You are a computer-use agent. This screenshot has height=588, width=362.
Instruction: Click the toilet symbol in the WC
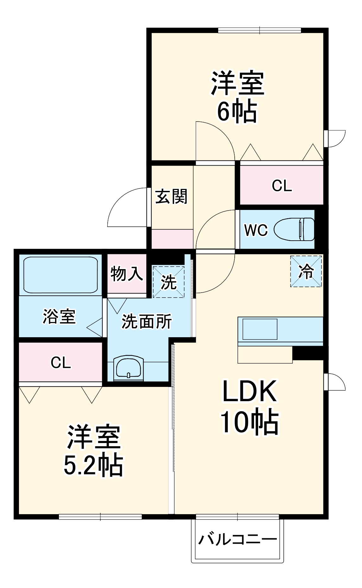(x=294, y=229)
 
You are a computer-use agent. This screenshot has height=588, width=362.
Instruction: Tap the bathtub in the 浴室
(x=60, y=275)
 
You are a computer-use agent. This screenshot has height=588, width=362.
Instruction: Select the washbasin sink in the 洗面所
(x=129, y=368)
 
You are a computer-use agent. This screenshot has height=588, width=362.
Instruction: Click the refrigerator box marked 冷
(x=306, y=271)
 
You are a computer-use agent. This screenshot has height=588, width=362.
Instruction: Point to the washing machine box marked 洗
(x=168, y=282)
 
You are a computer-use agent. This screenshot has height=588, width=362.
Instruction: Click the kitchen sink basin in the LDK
(x=260, y=329)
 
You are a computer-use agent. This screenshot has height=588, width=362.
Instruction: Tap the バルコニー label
(x=238, y=539)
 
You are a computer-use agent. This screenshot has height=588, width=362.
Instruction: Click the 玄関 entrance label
(x=171, y=196)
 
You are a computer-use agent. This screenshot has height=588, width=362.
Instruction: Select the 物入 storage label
(x=127, y=274)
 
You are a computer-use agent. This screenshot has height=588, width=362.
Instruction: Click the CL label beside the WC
(x=282, y=186)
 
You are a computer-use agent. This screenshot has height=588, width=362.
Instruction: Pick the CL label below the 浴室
(x=60, y=363)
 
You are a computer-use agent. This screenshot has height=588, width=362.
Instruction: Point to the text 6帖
(x=237, y=111)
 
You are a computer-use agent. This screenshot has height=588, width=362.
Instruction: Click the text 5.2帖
(x=93, y=465)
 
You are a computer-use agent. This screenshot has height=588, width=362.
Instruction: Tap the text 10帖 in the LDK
(x=250, y=422)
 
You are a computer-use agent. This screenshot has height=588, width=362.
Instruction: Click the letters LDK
(x=250, y=391)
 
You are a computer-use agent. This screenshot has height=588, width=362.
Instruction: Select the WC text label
(x=256, y=230)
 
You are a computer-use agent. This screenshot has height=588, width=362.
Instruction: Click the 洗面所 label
(x=147, y=321)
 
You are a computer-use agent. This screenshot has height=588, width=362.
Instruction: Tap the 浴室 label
(x=59, y=316)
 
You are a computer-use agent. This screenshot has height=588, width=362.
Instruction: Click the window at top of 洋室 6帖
(x=259, y=31)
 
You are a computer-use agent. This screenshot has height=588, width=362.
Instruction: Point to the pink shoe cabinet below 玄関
(x=172, y=239)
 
